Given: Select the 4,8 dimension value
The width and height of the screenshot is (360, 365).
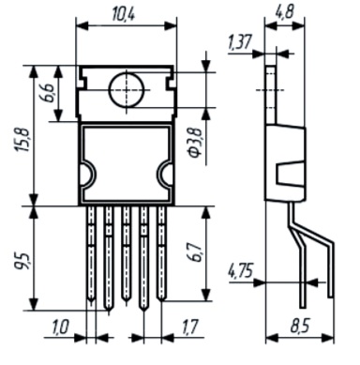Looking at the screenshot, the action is pyautogui.click(x=285, y=12).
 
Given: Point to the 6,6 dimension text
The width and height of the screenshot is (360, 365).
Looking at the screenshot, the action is pyautogui.click(x=46, y=93).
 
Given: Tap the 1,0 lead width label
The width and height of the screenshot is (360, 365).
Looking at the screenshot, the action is pyautogui.click(x=60, y=327).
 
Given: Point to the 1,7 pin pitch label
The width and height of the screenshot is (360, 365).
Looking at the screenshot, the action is pyautogui.click(x=188, y=327).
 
